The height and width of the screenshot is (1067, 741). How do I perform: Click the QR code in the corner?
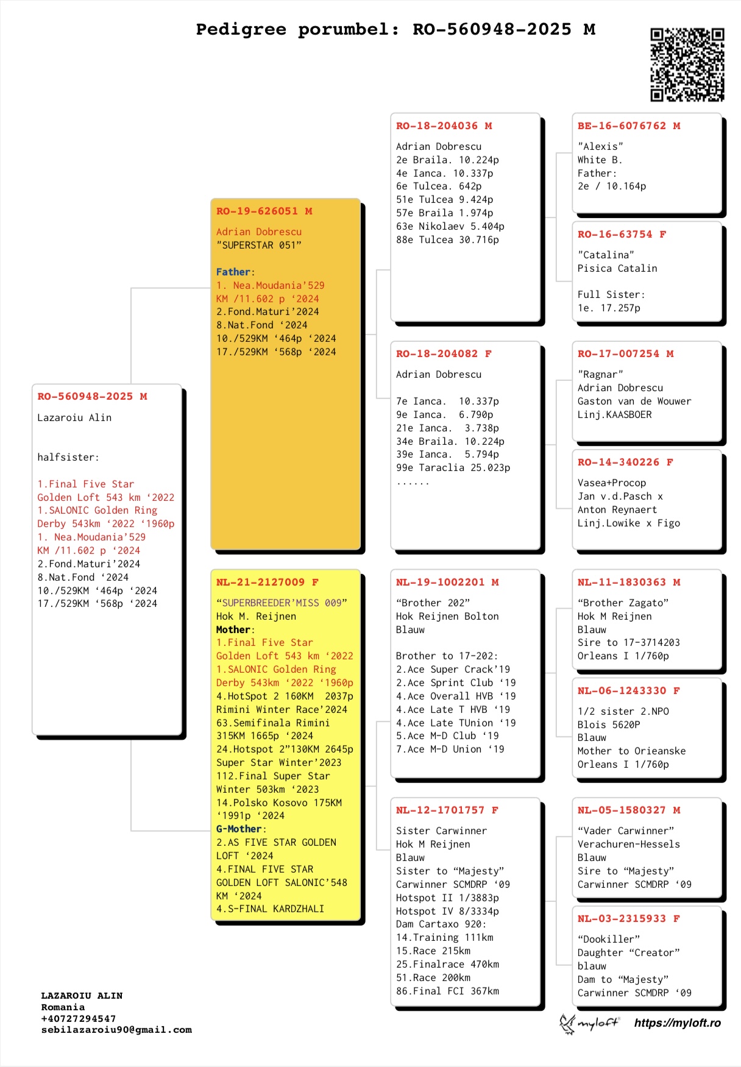pos(687,64)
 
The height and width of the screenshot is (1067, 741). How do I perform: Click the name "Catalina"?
pos(606,255)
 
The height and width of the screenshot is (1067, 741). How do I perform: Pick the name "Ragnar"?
pos(600,375)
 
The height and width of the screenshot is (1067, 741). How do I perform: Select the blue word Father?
pos(233,272)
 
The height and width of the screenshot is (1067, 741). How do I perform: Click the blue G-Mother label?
pos(239,829)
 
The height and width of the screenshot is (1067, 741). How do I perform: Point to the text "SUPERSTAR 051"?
pos(259,246)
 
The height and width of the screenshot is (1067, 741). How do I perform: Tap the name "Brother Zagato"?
pos(623,603)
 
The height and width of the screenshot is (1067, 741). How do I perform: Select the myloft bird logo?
pos(568,1024)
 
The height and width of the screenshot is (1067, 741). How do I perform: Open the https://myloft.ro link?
pos(677,1023)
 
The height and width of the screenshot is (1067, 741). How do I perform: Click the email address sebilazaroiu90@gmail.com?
pos(116,1030)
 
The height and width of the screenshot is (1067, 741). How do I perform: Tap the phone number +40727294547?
pos(79,1019)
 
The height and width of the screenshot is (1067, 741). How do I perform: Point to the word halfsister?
pos(67,458)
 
